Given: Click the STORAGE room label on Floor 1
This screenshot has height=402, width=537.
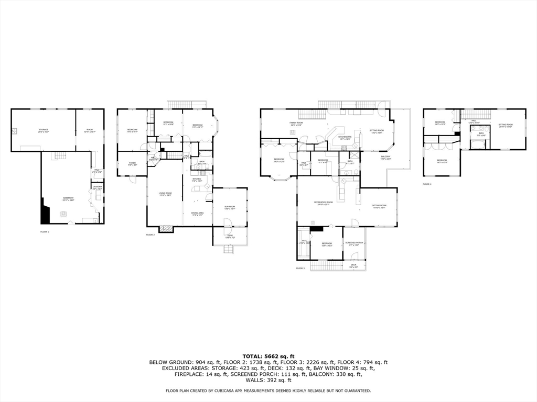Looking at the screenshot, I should tap(44, 130).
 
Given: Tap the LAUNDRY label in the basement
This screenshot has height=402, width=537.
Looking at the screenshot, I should tap(97, 187).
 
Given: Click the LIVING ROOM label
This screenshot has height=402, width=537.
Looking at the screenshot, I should tap(165, 194).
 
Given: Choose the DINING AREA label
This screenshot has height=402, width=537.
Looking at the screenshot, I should tap(197, 213).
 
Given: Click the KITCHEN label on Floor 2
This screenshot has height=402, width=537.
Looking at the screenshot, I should tap(197, 180).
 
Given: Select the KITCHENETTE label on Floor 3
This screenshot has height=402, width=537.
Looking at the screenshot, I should tap(344, 137).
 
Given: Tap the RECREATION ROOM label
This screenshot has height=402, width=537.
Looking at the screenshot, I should tap(324, 203).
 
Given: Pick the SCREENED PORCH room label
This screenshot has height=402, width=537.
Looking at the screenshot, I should tap(354, 243).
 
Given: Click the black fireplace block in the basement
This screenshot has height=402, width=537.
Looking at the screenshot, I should tap(45, 214).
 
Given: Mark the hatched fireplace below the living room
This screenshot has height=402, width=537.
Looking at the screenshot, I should tap(166, 229).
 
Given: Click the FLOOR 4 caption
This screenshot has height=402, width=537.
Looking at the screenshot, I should tap(427, 184).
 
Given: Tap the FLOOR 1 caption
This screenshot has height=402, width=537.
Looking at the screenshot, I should tap(45, 231).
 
